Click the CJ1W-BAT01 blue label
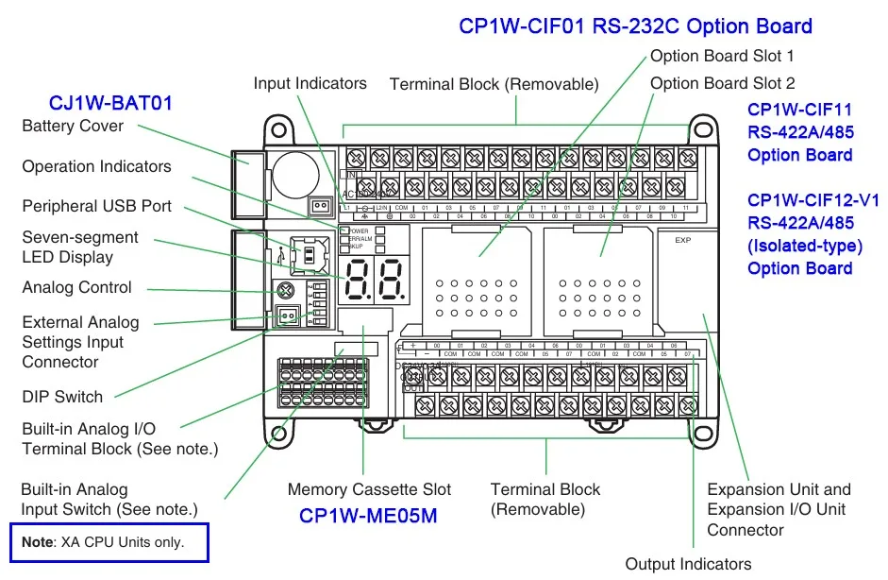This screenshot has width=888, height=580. pyautogui.click(x=110, y=103)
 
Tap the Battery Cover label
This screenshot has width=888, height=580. pyautogui.click(x=73, y=126)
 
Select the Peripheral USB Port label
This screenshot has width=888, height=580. pyautogui.click(x=97, y=206)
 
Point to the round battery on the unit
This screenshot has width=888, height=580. pyautogui.click(x=296, y=173)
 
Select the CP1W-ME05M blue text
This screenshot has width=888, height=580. pyautogui.click(x=368, y=516)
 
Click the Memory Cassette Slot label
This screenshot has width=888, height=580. pyautogui.click(x=369, y=489)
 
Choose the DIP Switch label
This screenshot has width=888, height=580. pyautogui.click(x=63, y=397)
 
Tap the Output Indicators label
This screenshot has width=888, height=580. pyautogui.click(x=688, y=564)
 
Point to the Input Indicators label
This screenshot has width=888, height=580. pyautogui.click(x=310, y=83)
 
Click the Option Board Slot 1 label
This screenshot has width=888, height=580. pyautogui.click(x=722, y=57)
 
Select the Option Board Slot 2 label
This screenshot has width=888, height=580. pyautogui.click(x=722, y=83)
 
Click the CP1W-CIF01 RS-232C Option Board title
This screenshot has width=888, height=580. pyautogui.click(x=635, y=26)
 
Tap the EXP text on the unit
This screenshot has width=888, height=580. pyautogui.click(x=683, y=241)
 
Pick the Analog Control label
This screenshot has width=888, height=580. pyautogui.click(x=77, y=287)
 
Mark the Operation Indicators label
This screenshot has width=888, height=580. pyautogui.click(x=97, y=166)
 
